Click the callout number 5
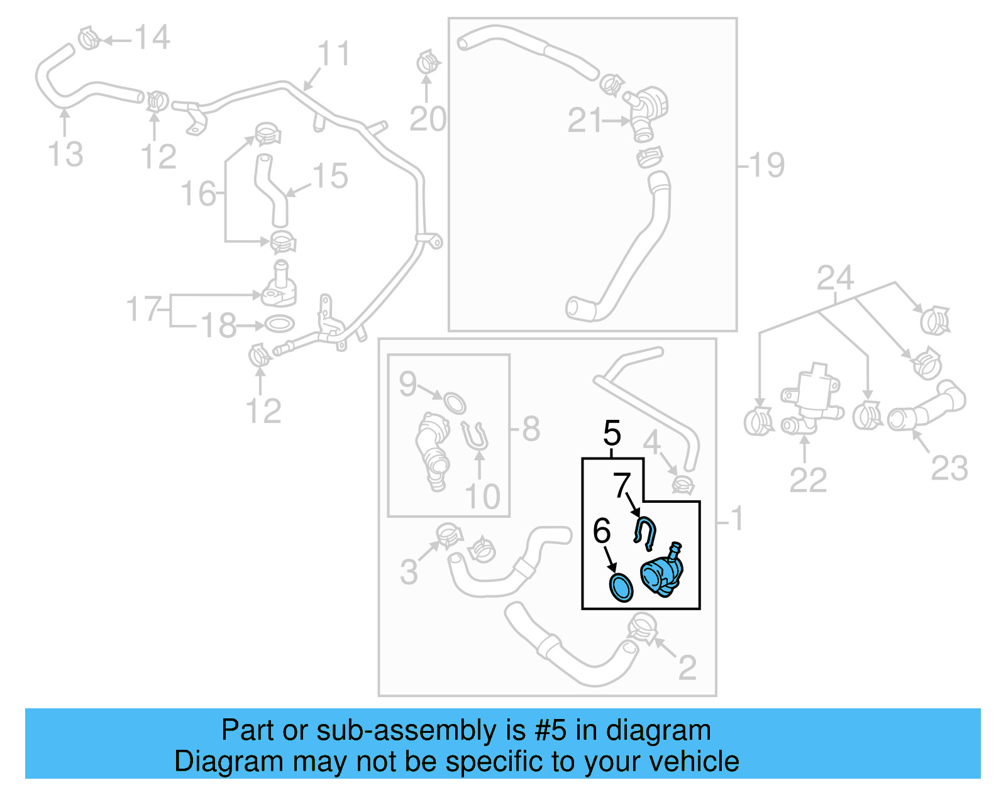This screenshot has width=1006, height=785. tap(612, 433)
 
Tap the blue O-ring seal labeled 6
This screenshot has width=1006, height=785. tap(621, 586)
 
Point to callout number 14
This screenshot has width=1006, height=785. tap(152, 38)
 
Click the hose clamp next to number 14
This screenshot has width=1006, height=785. tap(90, 38)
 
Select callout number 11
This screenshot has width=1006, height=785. tap(333, 54)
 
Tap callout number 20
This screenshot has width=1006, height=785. tap(428, 119)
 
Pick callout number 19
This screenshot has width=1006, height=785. tap(766, 165)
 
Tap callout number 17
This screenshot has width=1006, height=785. tap(144, 309)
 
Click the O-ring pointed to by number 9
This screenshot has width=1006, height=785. tap(455, 402)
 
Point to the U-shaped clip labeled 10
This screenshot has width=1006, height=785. tap(477, 436)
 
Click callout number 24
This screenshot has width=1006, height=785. tap(835, 278)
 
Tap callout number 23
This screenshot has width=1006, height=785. tap(949, 469)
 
